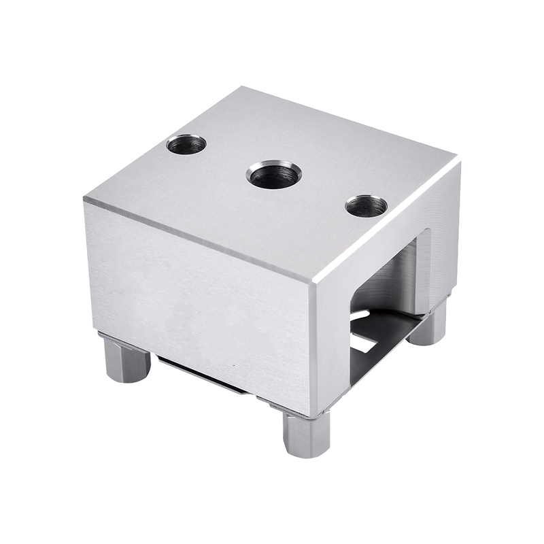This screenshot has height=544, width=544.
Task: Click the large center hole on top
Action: point(273,175)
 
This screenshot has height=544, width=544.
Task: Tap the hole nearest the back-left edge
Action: point(186,144)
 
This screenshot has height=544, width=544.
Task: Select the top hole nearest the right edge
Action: point(366,205)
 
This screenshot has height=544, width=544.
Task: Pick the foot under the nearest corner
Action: point(306,434)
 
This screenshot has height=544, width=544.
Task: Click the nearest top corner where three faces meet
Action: point(313,285)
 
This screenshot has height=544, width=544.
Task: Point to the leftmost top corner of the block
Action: point(85,199)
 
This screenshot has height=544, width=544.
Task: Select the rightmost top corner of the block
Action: point(459,161)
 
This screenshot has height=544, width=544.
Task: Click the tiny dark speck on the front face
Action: point(233,365)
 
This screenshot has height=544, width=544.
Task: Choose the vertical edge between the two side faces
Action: point(313,347)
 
